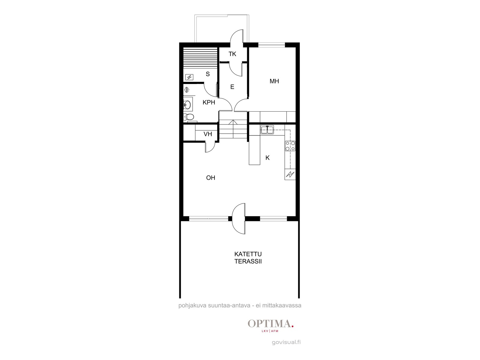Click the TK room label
coord(232,54)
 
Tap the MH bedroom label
coord(274,81)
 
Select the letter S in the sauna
coord(208,74)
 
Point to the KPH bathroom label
coord(209,102)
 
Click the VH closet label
coord(208,134)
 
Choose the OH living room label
coord(211,178)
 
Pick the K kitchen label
coord(267,158)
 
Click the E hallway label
coord(232,87)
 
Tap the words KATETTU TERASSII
coord(248,258)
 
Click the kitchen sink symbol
coord(267,130)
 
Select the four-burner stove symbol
coord(290,146)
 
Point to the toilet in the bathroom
coord(189,117)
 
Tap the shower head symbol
coord(187,90)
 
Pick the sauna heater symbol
coord(189,77)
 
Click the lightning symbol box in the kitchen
coord(290,174)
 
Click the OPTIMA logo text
coord(271,324)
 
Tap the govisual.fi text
coord(286,342)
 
